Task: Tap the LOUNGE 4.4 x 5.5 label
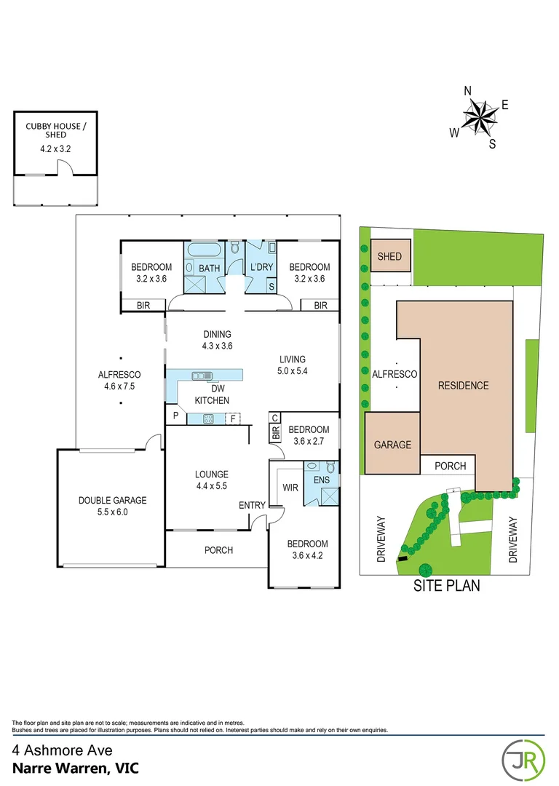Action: click(x=211, y=480)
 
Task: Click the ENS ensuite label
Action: click(x=321, y=480)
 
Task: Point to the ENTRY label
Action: click(x=253, y=505)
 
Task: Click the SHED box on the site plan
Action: click(x=389, y=257)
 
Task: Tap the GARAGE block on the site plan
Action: click(x=392, y=445)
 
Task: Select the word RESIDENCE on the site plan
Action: click(x=463, y=386)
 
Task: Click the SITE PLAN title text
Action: click(x=446, y=585)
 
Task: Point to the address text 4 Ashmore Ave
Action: click(x=62, y=750)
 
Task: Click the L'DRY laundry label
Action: click(x=261, y=267)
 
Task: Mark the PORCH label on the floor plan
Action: click(x=218, y=550)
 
